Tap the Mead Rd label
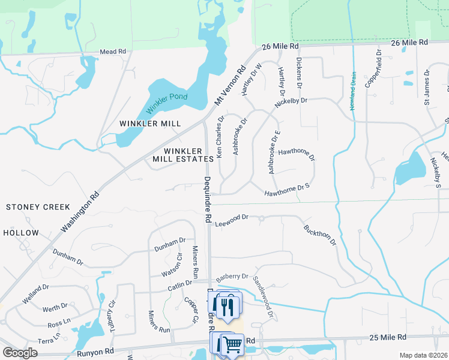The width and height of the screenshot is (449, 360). point(115,52)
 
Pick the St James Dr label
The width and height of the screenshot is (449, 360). point(427,87)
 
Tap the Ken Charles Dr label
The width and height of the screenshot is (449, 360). point(221,137)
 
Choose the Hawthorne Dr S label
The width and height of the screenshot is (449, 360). point(287,190)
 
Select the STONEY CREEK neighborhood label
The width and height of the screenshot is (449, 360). point(38,207)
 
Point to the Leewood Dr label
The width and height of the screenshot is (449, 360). point(232,220)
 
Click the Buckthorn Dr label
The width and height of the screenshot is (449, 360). point(320,235)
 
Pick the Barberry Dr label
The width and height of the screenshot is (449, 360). point(233,276)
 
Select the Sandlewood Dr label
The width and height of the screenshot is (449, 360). point(263,297)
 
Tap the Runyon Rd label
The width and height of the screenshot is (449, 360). point(96,351)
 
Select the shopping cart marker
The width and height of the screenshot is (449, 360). point(232,344)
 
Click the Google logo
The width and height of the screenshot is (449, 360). point(20,353)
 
